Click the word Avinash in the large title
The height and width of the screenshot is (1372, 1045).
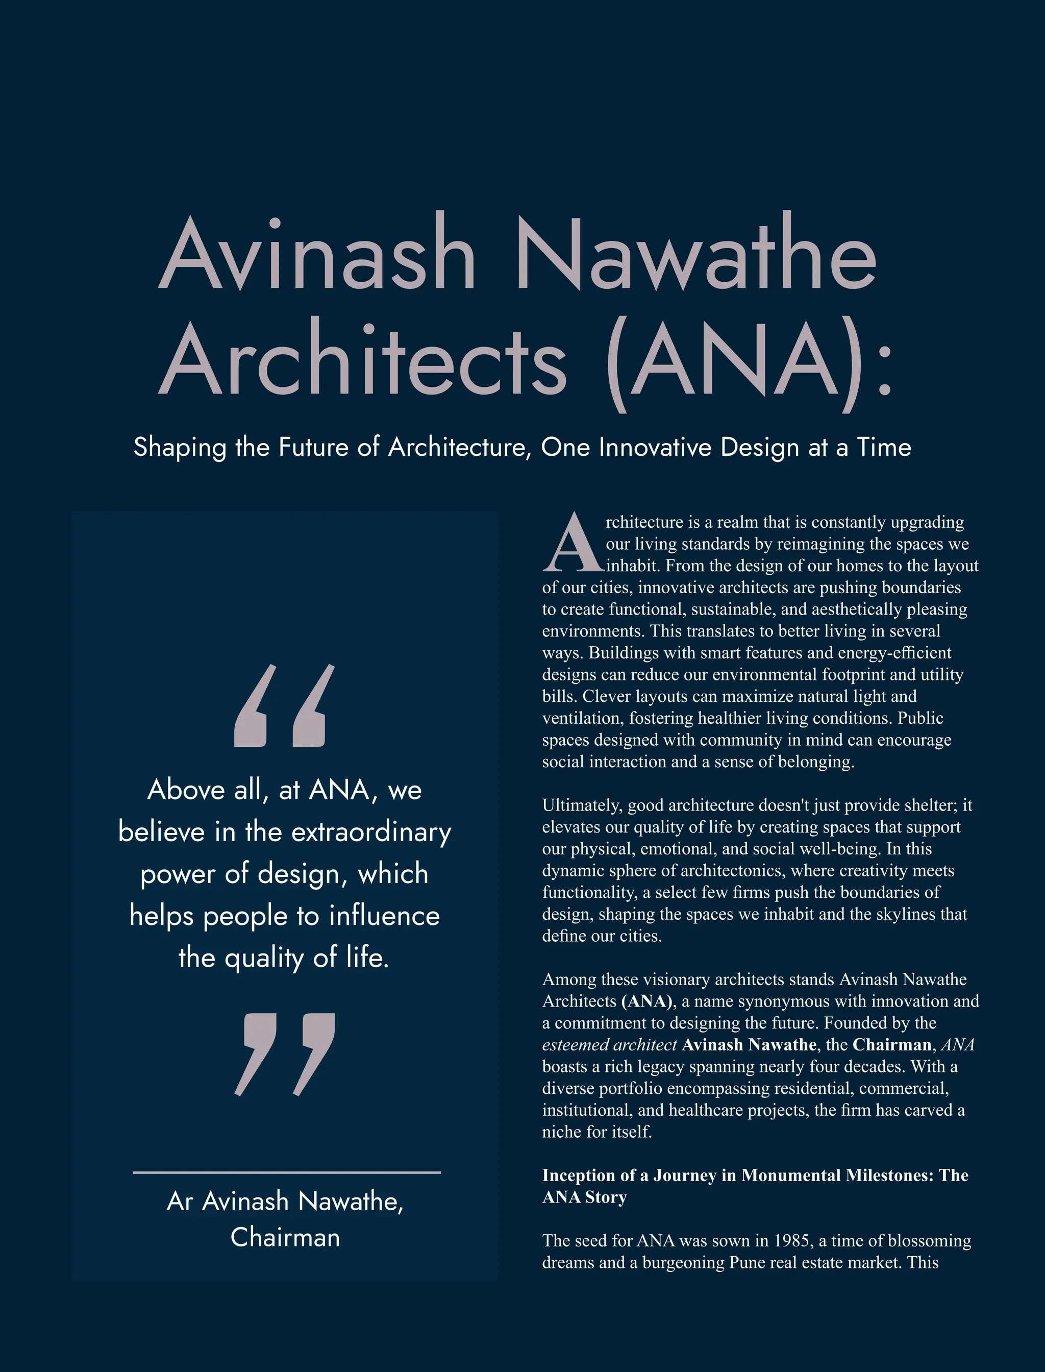click(317, 256)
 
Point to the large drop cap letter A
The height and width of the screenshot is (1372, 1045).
click(573, 543)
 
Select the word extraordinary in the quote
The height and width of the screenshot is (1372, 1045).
click(371, 832)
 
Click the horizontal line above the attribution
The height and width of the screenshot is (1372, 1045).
click(287, 1172)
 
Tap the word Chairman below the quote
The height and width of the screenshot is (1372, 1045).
click(285, 1238)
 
